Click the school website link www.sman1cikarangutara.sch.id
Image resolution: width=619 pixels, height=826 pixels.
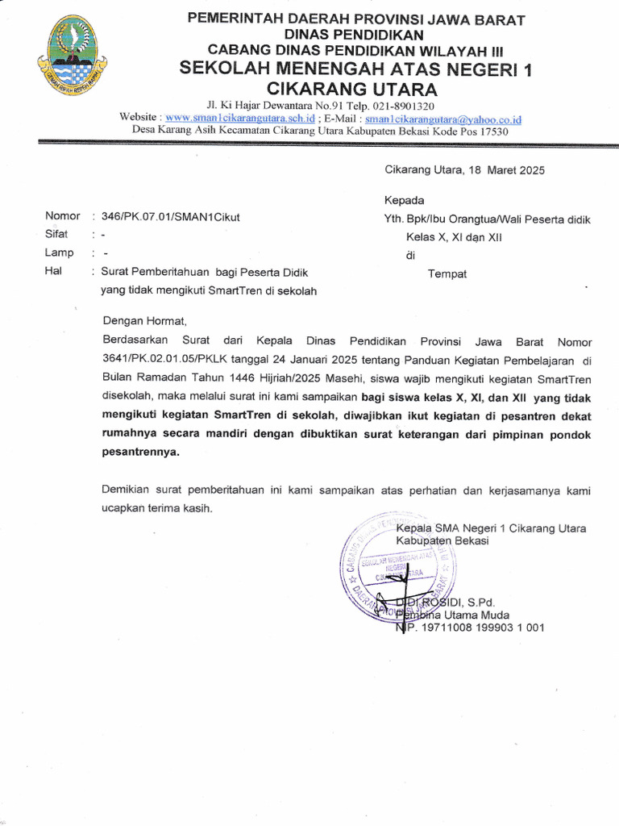(x=239, y=118)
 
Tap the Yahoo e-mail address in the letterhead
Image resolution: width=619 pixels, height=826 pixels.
(x=443, y=119)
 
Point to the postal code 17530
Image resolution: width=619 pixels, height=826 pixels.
(x=492, y=131)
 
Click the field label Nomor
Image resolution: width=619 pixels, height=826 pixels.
(x=62, y=216)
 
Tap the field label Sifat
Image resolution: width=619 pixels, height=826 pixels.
(x=56, y=235)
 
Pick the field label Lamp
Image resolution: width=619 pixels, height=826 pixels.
(x=59, y=252)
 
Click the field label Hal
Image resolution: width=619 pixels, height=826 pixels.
(x=54, y=271)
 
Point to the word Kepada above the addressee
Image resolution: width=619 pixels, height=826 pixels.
(x=404, y=200)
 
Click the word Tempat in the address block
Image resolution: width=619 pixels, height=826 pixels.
(x=447, y=273)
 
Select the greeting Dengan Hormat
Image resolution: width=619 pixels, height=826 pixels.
(x=144, y=319)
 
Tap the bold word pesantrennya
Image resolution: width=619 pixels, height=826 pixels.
(x=140, y=453)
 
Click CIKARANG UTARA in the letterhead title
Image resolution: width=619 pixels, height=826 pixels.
(x=351, y=89)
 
